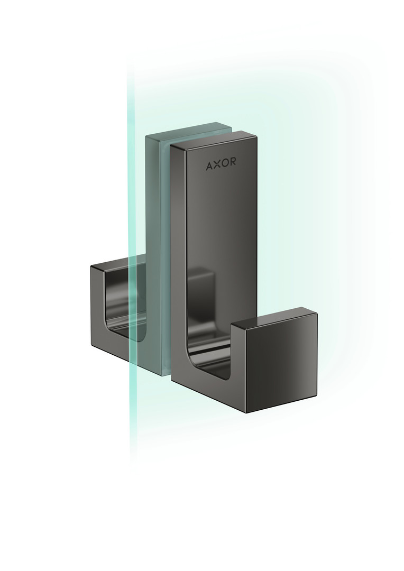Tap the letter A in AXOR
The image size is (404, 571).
tap(209, 166)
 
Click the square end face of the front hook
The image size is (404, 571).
tap(282, 368)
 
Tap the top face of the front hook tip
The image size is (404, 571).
tap(274, 315)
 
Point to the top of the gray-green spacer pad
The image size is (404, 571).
tap(188, 130)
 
